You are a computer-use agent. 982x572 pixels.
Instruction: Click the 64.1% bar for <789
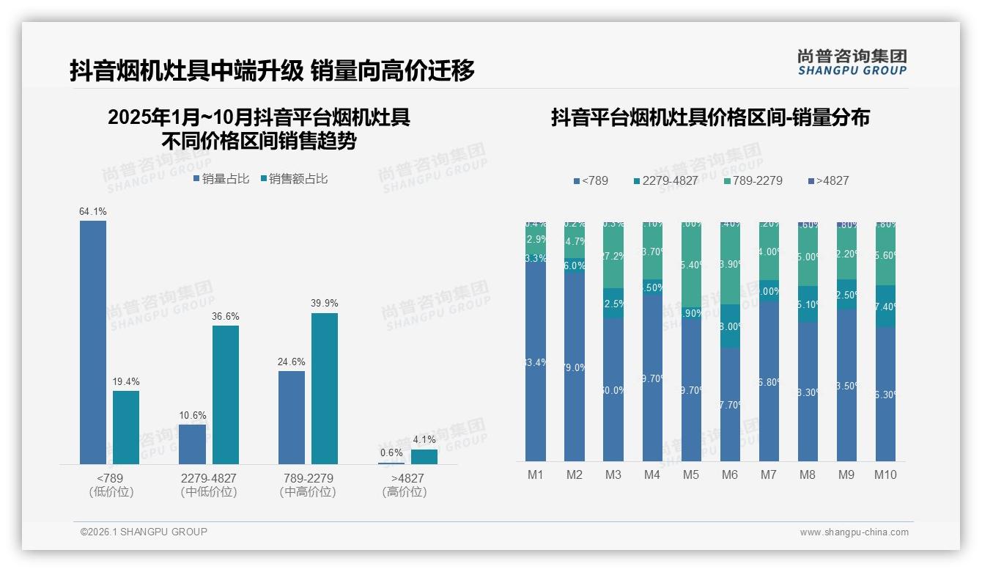coord(93,342)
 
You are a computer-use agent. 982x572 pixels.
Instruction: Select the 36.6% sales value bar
coord(226,395)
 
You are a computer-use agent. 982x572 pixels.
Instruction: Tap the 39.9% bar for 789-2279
coord(325,389)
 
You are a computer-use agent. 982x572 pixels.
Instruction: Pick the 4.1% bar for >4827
coord(424,456)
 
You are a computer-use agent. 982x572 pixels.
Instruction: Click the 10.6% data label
coord(193,416)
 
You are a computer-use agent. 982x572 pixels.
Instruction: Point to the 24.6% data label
coord(292,362)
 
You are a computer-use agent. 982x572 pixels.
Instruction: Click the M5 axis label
coord(691,474)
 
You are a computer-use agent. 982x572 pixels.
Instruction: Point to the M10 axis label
coord(885,474)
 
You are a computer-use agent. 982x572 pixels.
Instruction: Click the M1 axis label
coord(536,474)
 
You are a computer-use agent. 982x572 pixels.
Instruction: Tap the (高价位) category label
coord(404,492)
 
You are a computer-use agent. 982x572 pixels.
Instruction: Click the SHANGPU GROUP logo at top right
coord(852,62)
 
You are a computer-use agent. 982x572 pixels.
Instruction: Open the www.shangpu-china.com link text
coord(854,532)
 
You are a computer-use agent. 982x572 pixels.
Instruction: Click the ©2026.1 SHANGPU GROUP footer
coord(144,532)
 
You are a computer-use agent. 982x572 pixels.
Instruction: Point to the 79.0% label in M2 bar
coord(575,367)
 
